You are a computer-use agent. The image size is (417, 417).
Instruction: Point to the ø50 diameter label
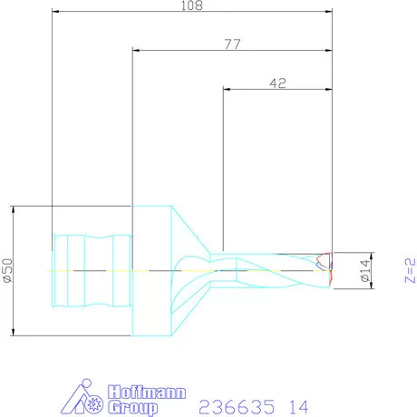tap(7, 270)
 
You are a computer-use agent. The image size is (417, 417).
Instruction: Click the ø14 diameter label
tap(365, 270)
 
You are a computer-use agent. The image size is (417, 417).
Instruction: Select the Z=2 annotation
tap(409, 270)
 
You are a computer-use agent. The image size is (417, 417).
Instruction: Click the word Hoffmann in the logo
tap(147, 392)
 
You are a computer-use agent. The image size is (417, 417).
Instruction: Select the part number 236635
tap(230, 404)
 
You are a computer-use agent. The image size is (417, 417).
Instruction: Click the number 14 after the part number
tap(297, 404)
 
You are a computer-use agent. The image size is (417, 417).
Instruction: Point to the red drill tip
tap(331, 269)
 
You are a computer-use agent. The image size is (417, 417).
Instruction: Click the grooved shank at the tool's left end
tap(92, 270)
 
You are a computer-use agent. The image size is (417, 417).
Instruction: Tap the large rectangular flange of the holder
tap(150, 270)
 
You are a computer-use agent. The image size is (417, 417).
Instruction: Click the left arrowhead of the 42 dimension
tap(227, 89)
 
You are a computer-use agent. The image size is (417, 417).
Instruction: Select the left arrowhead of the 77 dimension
tap(136, 52)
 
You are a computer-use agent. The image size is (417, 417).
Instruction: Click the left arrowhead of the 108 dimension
tap(56, 13)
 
